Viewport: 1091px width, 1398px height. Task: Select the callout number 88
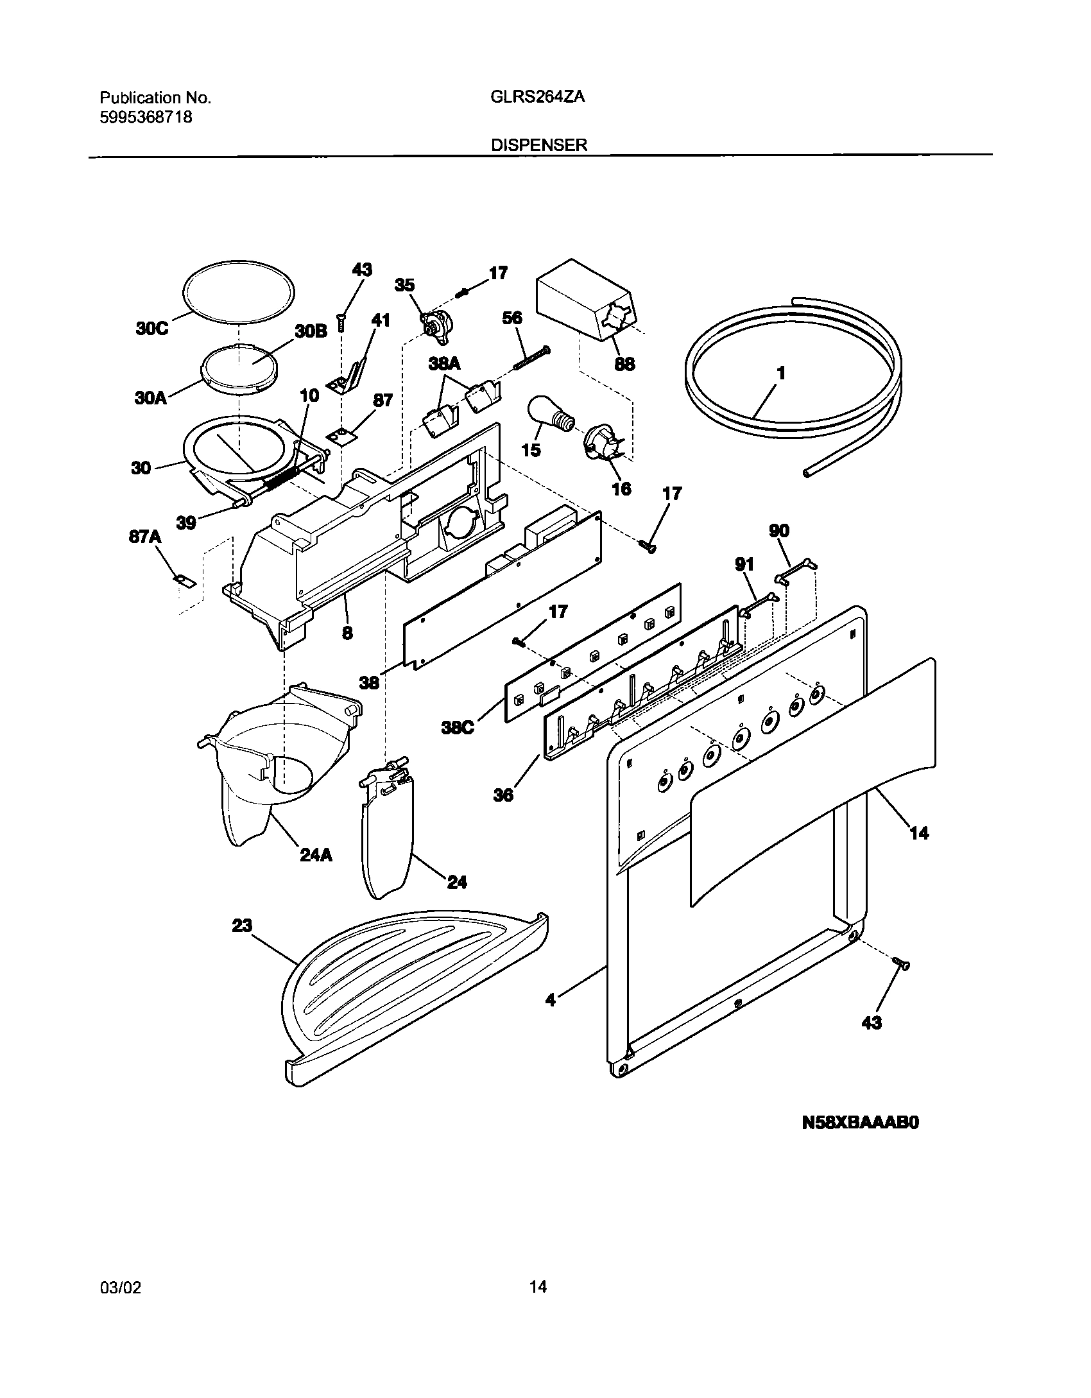pos(624,364)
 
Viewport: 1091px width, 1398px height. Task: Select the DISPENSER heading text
pos(538,145)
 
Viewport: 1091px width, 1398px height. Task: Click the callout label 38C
pos(457,728)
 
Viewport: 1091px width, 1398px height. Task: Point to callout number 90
pos(778,531)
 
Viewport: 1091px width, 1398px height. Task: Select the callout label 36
pos(503,795)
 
